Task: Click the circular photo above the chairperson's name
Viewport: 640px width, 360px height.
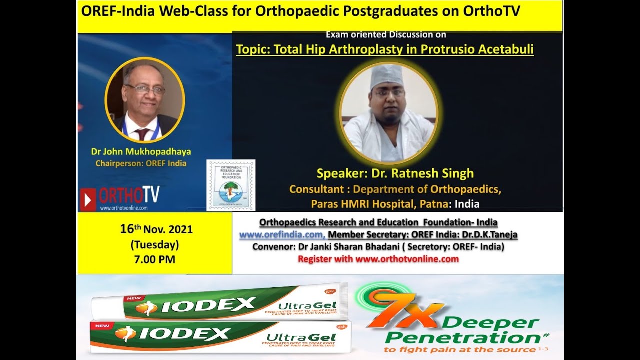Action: coord(145,100)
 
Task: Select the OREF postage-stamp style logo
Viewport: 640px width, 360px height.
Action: coord(231,185)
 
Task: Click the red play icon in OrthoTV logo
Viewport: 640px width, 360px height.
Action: coord(88,199)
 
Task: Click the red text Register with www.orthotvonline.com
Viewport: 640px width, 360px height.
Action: coord(378,259)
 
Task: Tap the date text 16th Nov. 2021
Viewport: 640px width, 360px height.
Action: coord(156,230)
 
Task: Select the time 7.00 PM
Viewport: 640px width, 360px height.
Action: coord(155,259)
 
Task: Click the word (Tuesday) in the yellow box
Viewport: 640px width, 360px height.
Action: coord(155,245)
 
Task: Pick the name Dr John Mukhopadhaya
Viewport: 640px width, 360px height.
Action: coord(141,151)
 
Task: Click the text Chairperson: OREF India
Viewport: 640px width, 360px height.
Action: coord(141,163)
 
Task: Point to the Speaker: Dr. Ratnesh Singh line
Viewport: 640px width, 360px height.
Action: coord(395,174)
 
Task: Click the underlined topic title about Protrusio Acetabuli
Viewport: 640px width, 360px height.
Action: coord(384,50)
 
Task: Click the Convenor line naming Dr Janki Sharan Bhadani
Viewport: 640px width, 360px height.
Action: coord(378,247)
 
